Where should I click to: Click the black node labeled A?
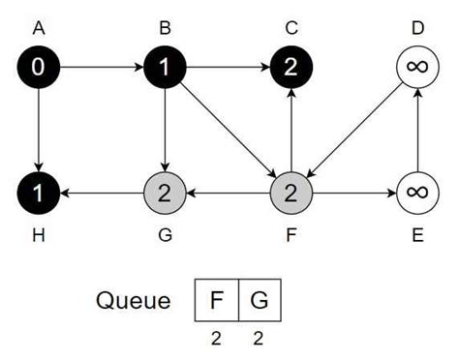point(39,69)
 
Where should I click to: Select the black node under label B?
point(165,69)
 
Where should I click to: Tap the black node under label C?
point(291,69)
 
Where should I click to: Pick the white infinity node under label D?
point(417,69)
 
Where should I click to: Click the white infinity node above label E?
point(417,193)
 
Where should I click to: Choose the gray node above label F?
point(291,193)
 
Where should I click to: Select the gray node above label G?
point(165,193)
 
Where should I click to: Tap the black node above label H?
point(39,193)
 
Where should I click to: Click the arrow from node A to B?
point(102,69)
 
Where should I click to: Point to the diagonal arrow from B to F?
point(228,131)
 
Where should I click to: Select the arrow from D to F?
point(354,131)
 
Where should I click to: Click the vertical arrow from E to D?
point(417,131)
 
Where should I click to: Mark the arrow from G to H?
point(102,193)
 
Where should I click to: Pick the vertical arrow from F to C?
point(291,131)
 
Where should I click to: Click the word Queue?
point(133,301)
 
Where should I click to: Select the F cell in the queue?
point(217,301)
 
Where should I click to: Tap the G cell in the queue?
point(260,301)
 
